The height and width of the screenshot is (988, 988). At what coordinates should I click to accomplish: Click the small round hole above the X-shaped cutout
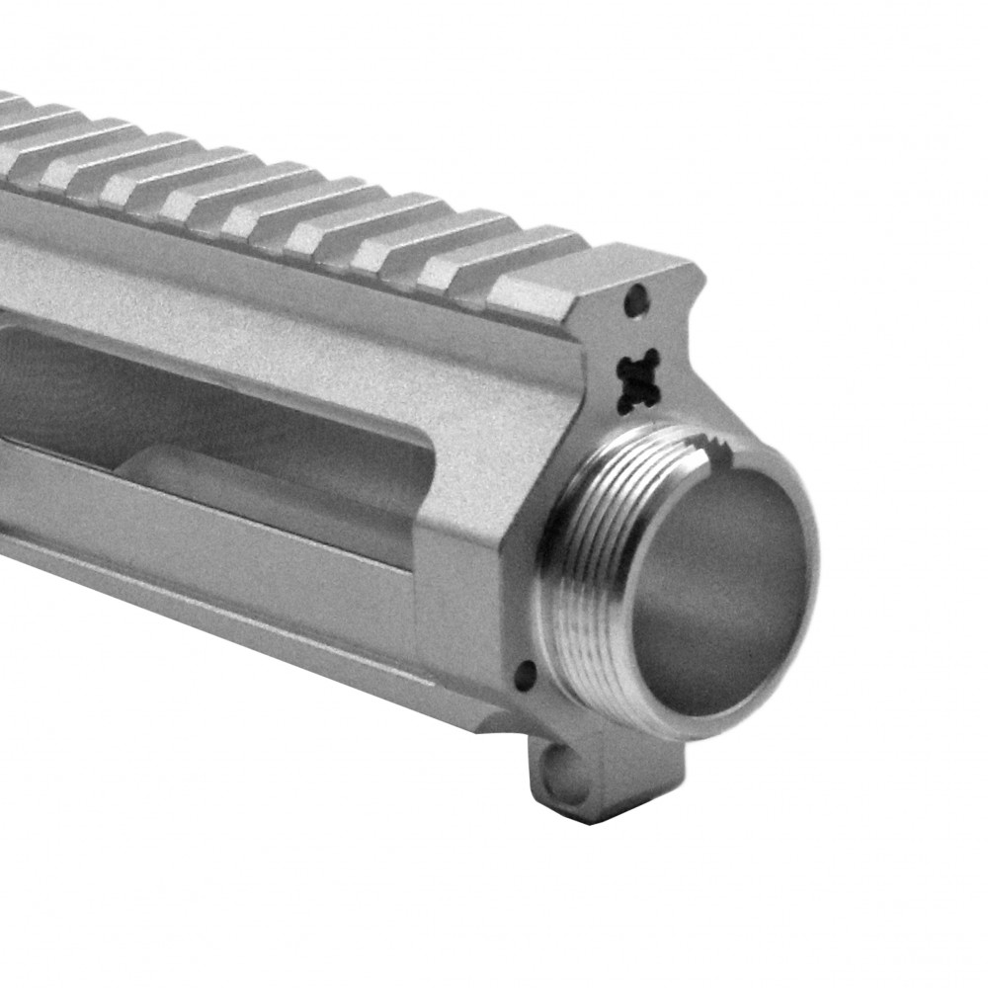[639, 295]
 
